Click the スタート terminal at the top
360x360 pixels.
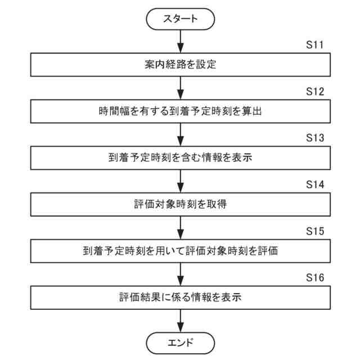(180, 19)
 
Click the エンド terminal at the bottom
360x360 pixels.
(180, 341)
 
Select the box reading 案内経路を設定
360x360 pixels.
(180, 65)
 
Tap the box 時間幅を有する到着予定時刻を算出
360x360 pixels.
(180, 111)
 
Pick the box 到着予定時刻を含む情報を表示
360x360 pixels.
(180, 157)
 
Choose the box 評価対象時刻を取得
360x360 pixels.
(180, 203)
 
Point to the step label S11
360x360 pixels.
(315, 45)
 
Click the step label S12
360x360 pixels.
(315, 92)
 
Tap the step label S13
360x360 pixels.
(315, 138)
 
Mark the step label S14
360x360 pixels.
(315, 184)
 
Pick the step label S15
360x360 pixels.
(315, 231)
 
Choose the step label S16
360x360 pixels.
(315, 277)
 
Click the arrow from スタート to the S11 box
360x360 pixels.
(180, 40)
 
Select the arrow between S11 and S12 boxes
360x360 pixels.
(180, 88)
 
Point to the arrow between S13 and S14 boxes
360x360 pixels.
(180, 180)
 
